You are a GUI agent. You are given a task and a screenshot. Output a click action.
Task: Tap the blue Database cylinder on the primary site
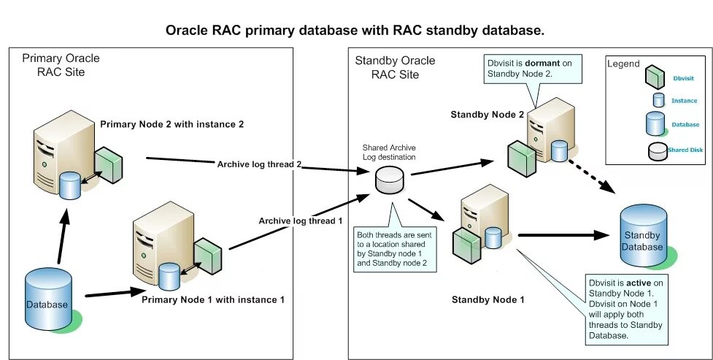(x=48, y=301)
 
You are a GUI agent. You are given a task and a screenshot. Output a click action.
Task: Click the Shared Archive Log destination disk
(x=389, y=180)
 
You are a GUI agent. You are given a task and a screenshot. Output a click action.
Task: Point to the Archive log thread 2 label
(x=260, y=164)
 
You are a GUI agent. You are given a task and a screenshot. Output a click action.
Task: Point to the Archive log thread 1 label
(x=300, y=221)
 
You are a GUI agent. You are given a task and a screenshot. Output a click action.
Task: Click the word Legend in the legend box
(x=623, y=64)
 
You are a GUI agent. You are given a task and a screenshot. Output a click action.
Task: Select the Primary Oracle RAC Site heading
(x=61, y=64)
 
